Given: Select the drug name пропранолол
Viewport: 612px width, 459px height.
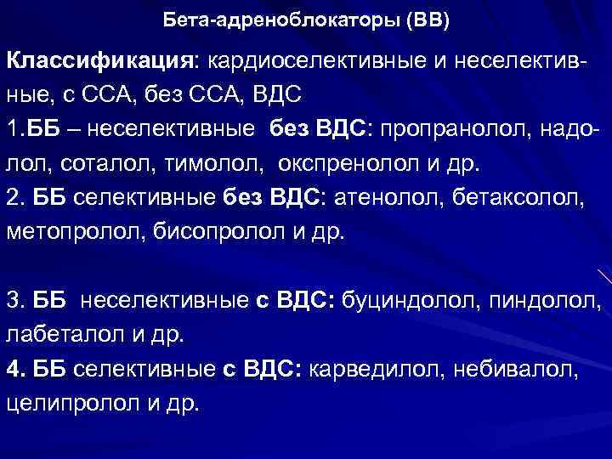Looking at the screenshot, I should pyautogui.click(x=456, y=128).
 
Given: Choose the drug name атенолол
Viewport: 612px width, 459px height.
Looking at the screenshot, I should pyautogui.click(x=388, y=197).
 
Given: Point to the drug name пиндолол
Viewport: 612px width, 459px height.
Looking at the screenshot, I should pyautogui.click(x=539, y=300).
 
